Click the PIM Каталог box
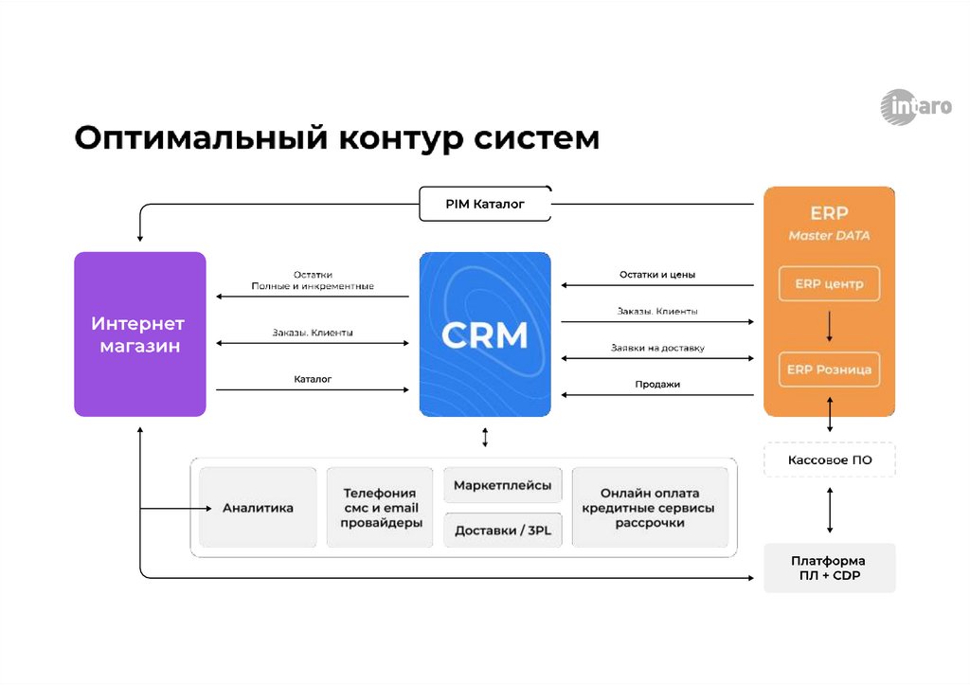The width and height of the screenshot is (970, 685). coord(485,204)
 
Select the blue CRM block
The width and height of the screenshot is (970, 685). coord(485,334)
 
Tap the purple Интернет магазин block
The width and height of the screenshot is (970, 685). coord(139,334)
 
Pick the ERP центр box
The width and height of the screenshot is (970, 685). coord(829,284)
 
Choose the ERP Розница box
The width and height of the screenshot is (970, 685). coord(829,370)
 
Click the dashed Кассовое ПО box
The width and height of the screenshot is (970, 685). coord(829,460)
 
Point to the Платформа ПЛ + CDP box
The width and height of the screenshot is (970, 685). coord(829,568)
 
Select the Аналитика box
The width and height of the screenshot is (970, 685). coord(258,508)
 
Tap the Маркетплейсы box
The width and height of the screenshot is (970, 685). coord(502,485)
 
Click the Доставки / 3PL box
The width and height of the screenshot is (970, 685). coord(502,531)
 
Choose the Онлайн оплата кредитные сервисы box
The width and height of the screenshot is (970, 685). coord(650,508)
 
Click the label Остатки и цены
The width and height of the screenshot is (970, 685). coord(657,275)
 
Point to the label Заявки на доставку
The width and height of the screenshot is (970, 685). coord(657,348)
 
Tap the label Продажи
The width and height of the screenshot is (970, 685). coord(657,384)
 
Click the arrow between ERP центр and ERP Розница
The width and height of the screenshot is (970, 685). coord(829,327)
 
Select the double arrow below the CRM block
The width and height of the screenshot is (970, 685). coord(485,437)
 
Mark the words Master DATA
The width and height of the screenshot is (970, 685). coord(829,235)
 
